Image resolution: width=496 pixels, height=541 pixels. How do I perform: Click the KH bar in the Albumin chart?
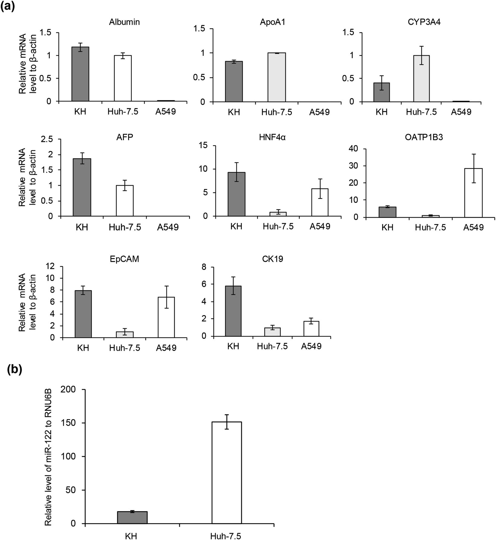point(80,74)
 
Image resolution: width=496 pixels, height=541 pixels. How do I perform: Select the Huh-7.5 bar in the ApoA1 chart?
point(277,77)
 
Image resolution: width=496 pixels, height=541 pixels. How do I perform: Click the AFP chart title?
point(125,137)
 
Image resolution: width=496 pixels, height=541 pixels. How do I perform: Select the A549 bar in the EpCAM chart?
point(166,317)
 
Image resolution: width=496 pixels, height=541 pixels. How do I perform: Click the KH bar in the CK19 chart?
point(233,311)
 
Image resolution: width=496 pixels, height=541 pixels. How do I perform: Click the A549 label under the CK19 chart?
point(311,346)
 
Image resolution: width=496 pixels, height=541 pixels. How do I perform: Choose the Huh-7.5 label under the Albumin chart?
point(123,112)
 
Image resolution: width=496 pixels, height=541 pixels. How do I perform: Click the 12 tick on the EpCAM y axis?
point(50,266)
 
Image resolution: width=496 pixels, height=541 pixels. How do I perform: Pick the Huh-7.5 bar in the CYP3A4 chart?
point(421,78)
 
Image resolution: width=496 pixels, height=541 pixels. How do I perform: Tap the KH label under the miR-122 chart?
point(131,536)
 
